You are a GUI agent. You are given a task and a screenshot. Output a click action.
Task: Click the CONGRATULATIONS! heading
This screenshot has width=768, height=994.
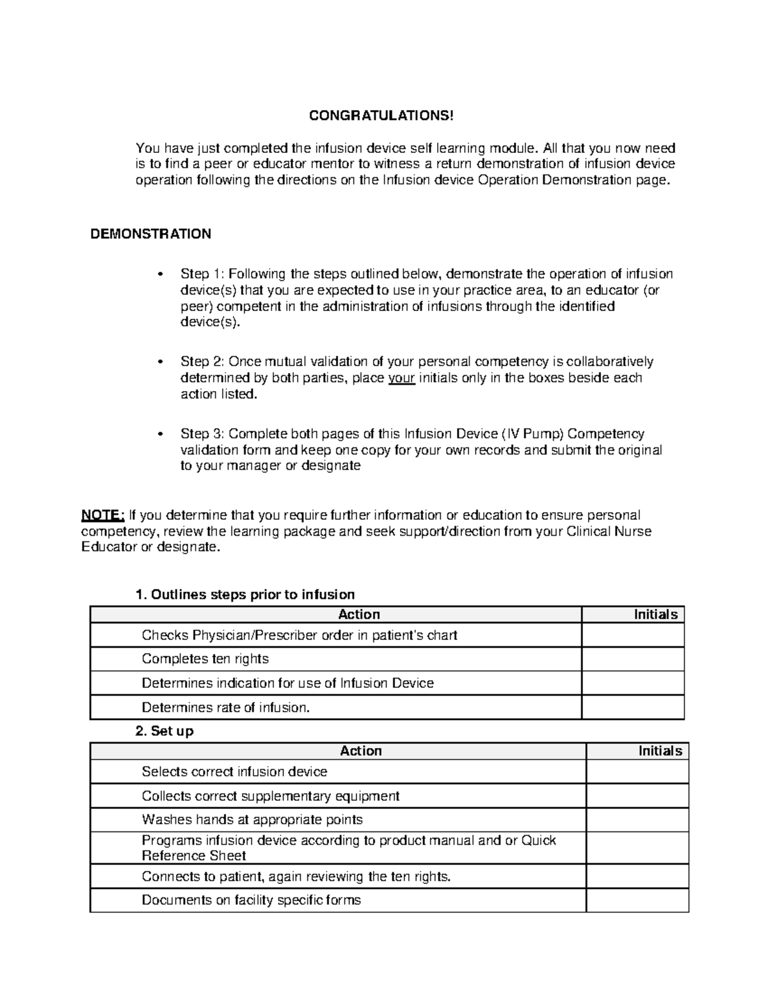[x=381, y=116]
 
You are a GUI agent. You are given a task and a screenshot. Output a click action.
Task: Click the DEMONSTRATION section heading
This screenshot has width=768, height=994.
[x=150, y=234]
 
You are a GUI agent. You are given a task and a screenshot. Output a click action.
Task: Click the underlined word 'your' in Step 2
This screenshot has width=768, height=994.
[x=402, y=378]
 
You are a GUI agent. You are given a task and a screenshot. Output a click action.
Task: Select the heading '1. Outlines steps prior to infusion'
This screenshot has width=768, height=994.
[x=245, y=595]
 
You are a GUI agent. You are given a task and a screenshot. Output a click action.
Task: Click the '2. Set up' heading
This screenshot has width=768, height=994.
[x=164, y=731]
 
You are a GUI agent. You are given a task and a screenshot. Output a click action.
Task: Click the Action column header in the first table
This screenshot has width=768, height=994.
[x=358, y=614]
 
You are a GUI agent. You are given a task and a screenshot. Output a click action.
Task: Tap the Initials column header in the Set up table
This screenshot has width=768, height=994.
[x=660, y=751]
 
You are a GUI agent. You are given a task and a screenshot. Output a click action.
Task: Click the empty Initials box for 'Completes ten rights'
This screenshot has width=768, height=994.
[x=632, y=659]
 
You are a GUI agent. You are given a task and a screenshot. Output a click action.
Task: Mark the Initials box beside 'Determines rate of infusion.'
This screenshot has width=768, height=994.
[x=632, y=707]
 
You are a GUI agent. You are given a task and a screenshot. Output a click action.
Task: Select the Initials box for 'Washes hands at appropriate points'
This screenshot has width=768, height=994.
[x=637, y=820]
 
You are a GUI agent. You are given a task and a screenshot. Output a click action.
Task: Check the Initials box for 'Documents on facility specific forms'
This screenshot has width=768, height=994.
[x=637, y=900]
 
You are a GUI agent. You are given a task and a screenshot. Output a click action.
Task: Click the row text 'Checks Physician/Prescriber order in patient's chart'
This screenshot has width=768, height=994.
[x=299, y=636]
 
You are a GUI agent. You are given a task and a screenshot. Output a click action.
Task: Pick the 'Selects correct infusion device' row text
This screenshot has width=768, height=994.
[x=234, y=772]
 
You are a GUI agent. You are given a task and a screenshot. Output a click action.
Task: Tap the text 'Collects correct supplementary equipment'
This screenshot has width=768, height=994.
[x=270, y=796]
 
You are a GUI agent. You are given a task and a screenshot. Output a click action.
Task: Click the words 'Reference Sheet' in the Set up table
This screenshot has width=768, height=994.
[x=193, y=856]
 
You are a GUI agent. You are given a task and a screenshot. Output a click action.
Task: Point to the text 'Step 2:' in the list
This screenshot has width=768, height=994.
[x=202, y=362]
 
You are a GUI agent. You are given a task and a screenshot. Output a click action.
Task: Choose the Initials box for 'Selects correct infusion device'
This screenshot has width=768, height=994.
[x=637, y=772]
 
